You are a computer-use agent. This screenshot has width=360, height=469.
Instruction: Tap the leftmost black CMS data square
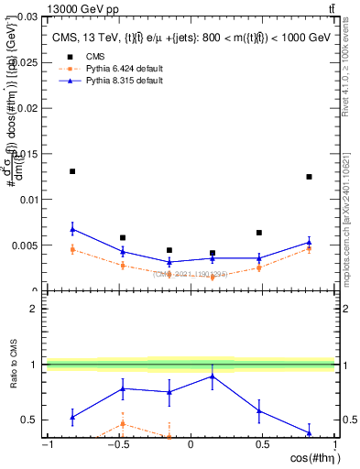[72, 171]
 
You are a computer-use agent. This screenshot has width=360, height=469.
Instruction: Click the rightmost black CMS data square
[310, 177]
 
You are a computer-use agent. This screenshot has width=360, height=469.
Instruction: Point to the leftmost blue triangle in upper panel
[72, 229]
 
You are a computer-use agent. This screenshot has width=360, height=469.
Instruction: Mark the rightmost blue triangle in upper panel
[310, 243]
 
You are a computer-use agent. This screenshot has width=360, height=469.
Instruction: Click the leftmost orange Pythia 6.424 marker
[72, 249]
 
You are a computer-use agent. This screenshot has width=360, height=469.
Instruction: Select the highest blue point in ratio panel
[213, 376]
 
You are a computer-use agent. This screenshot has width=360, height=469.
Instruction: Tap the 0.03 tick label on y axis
[27, 16]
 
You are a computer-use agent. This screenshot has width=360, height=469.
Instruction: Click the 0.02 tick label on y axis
[27, 108]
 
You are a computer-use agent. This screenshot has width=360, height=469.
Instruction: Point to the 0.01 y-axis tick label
[27, 200]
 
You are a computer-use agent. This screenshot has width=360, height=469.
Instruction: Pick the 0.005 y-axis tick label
[25, 245]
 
